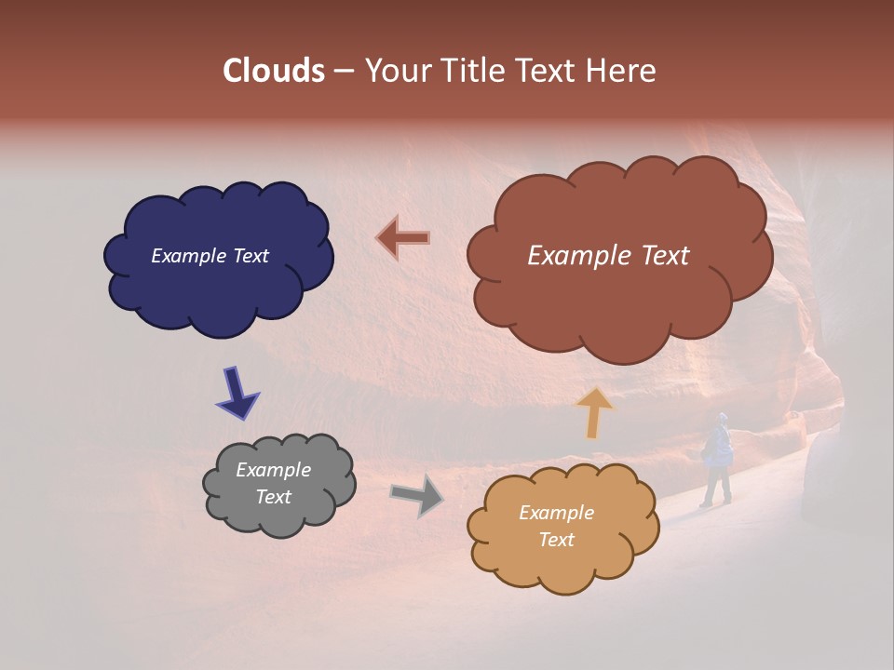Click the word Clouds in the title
(274, 71)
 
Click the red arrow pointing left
(403, 238)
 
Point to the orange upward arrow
(595, 412)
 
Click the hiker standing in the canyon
(717, 460)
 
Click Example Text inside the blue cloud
(210, 256)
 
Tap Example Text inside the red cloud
(608, 256)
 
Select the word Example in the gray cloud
(273, 470)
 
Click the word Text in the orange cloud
(556, 540)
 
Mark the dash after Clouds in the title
(344, 72)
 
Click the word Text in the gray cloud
(274, 497)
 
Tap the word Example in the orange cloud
(556, 513)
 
